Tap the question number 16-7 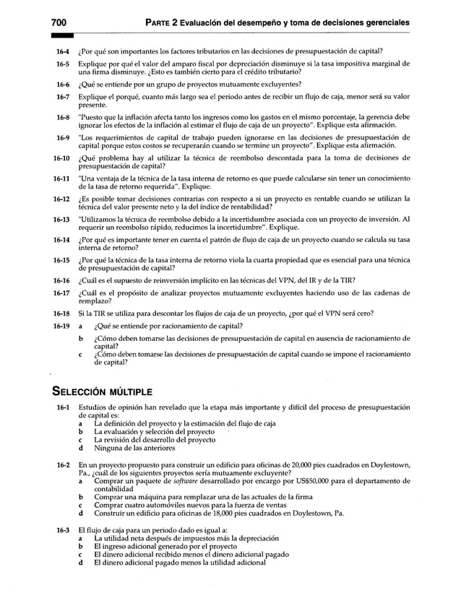(x=61, y=96)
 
